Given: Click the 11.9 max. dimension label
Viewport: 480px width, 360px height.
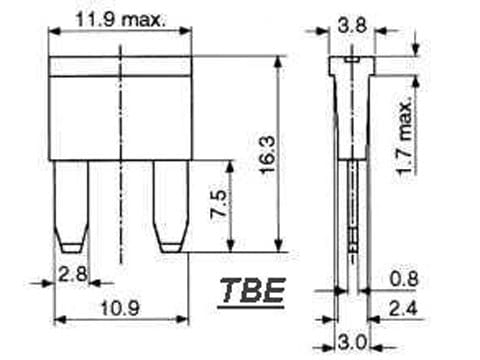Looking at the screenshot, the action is [121, 20].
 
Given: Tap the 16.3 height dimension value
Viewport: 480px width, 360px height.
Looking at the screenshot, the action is [268, 154].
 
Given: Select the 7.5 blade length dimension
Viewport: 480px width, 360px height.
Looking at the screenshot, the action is [218, 204].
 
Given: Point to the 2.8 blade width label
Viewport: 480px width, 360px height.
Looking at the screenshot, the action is [73, 274].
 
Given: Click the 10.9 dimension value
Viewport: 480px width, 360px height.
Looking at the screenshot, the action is [120, 308].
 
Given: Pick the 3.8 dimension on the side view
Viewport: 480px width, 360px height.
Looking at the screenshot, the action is [352, 25].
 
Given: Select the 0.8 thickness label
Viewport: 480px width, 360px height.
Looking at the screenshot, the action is [404, 279].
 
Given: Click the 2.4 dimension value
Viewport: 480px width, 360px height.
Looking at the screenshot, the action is [403, 308].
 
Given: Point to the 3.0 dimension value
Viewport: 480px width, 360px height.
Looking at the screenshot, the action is [352, 342].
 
